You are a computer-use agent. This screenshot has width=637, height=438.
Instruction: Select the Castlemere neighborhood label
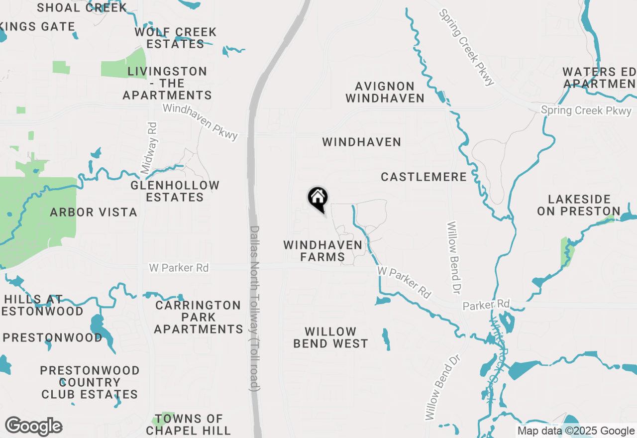[424, 177]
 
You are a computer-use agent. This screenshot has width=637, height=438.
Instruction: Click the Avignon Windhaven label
[385, 93]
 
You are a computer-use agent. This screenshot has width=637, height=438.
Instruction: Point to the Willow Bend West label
[330, 337]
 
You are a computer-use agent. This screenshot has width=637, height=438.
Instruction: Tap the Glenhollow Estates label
[175, 191]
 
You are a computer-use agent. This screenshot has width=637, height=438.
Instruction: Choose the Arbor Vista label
[94, 213]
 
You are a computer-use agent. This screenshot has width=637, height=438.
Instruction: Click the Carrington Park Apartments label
[198, 317]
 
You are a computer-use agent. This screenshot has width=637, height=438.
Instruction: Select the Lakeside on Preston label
[578, 206]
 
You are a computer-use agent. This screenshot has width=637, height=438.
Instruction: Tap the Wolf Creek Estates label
[175, 38]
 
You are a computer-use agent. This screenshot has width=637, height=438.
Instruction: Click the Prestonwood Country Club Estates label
[90, 382]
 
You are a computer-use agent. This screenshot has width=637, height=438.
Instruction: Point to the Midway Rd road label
[149, 148]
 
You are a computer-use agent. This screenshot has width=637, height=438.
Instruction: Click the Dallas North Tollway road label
[254, 309]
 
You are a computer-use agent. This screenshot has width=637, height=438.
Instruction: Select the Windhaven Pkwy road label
[201, 121]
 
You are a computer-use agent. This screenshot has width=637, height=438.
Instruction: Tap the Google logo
[33, 427]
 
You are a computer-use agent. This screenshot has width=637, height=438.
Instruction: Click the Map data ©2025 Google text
[576, 431]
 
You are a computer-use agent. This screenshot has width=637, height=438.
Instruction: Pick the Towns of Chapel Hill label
[188, 424]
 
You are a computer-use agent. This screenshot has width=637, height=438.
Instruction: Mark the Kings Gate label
[37, 27]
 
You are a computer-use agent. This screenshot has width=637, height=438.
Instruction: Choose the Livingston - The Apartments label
[167, 83]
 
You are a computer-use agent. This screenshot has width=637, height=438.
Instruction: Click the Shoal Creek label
[82, 7]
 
